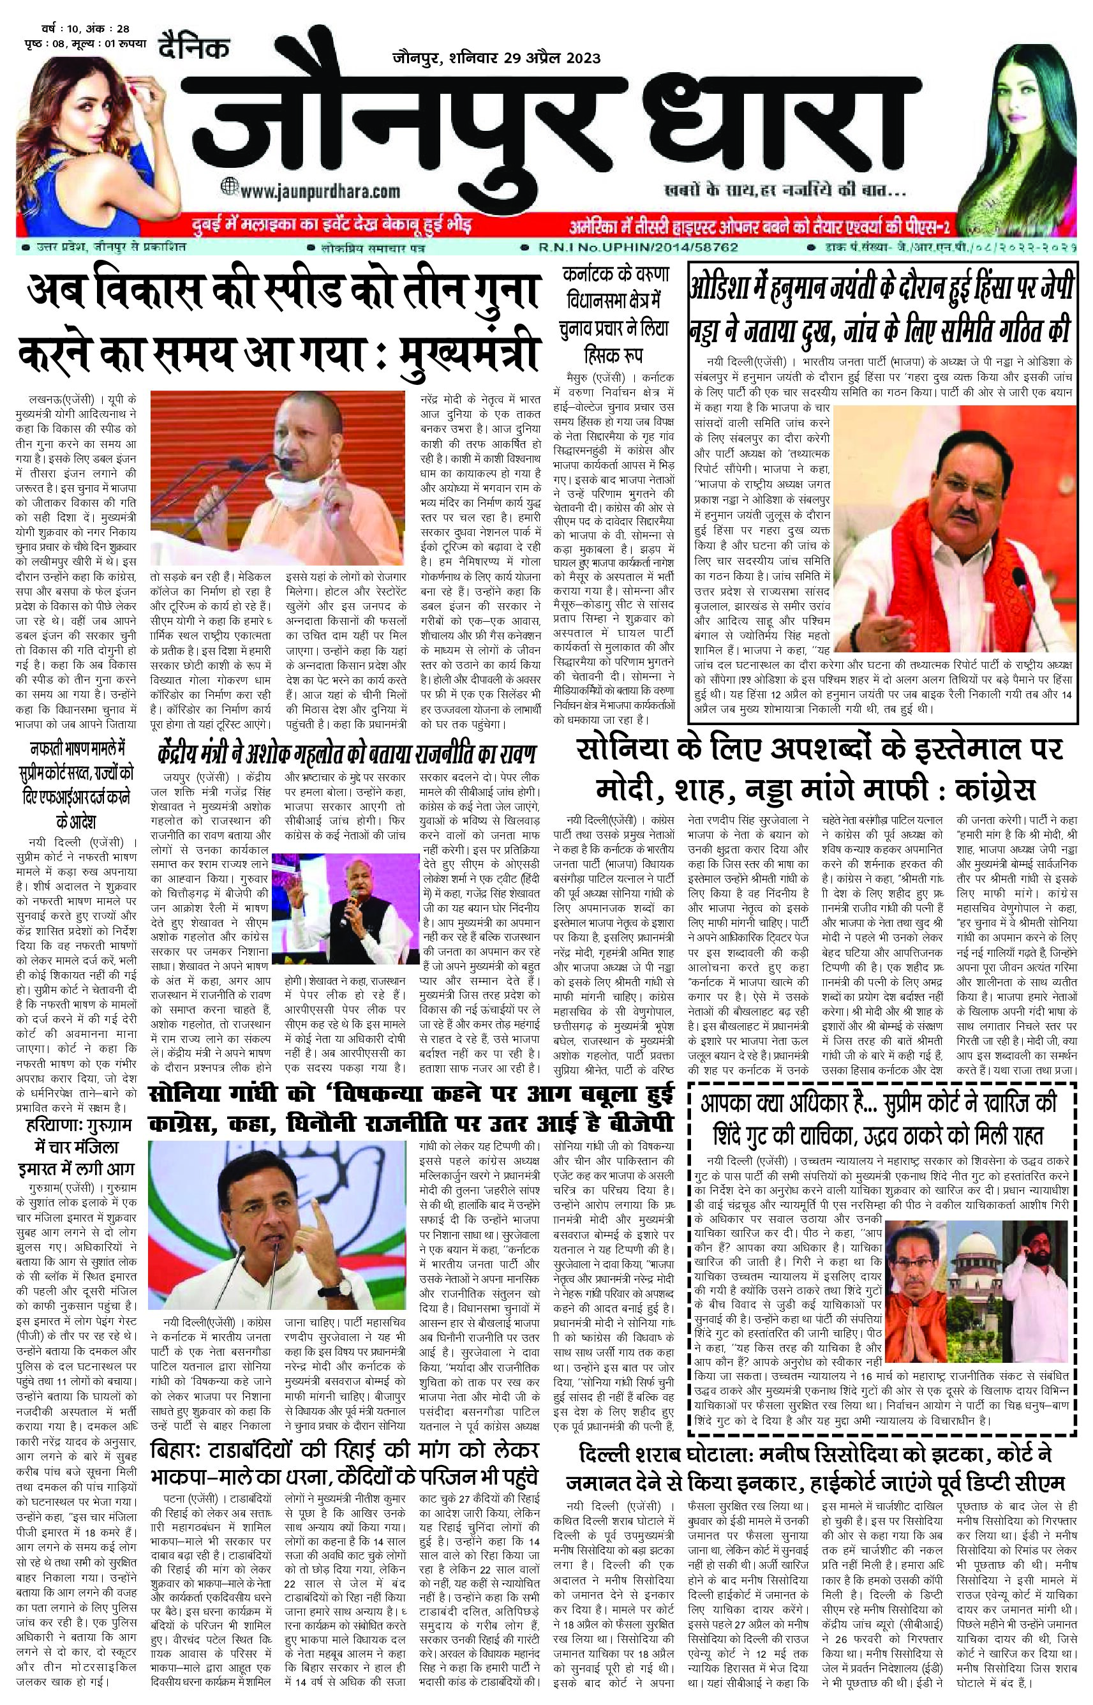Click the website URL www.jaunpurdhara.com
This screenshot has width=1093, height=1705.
click(320, 191)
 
